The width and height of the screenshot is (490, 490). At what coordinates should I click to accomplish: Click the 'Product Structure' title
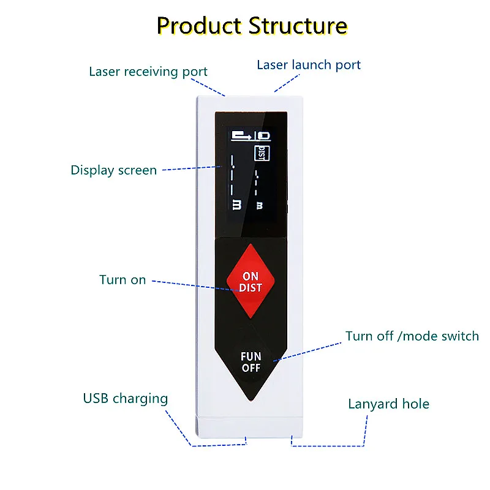252,26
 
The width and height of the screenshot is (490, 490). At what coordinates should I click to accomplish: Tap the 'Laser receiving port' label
148,72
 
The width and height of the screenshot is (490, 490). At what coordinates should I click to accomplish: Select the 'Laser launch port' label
309,65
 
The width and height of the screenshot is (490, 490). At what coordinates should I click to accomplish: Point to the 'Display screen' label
114,170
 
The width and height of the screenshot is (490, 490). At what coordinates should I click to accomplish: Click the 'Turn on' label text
123,280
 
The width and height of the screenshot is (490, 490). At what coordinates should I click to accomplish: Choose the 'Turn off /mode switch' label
412,336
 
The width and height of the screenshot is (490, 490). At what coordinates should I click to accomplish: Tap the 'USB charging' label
126,399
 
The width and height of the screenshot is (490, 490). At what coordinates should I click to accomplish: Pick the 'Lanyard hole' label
388,404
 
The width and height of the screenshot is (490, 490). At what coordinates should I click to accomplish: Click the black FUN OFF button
251,362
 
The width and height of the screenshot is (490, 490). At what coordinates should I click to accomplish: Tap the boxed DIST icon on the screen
261,153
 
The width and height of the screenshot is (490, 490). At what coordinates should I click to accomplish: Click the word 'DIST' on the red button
251,288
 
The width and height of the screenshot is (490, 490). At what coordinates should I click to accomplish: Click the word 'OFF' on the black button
251,368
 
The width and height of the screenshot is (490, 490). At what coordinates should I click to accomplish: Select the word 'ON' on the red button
251,277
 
